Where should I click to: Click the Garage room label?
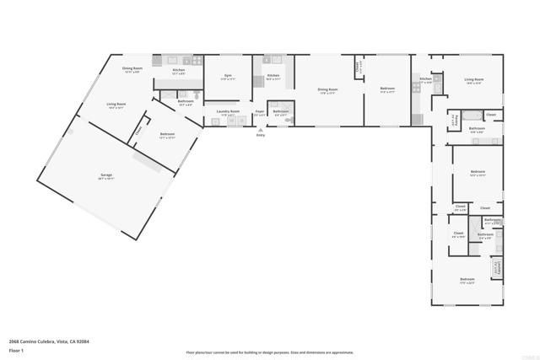pos(105,175)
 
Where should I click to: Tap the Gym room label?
pos(227,76)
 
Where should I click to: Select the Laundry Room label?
pos(228,111)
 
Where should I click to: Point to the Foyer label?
pos(260,111)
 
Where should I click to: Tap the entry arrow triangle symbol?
pos(261,130)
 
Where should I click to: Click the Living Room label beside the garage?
pos(116,104)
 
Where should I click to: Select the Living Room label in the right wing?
pos(473,80)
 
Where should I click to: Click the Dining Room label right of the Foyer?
pos(327,89)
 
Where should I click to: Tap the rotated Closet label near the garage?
pos(140,130)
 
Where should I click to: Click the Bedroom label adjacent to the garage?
pos(167,134)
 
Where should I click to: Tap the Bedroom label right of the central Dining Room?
pos(387,89)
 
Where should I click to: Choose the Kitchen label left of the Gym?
pos(179,71)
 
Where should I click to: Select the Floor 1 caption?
pos(16,349)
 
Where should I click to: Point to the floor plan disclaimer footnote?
pos(269,353)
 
